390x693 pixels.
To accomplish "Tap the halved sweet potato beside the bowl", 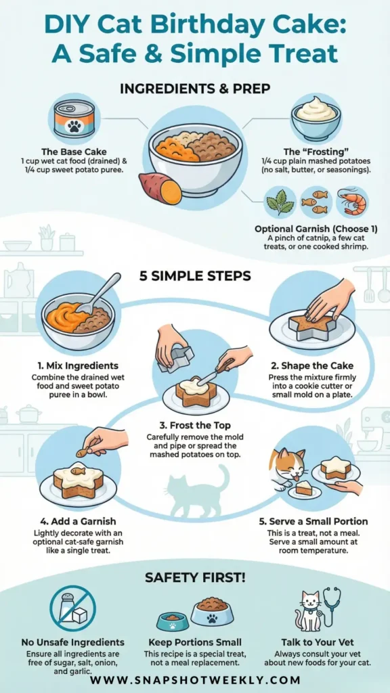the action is click(160, 188).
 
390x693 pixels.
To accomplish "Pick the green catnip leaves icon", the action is click(280, 202).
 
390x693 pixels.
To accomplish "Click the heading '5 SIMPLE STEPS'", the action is click(195, 276).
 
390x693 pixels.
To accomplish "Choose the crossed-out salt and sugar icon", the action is click(72, 610).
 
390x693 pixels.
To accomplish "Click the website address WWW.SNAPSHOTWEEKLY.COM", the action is click(195, 679).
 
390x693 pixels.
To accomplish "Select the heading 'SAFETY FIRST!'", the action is click(195, 577).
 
